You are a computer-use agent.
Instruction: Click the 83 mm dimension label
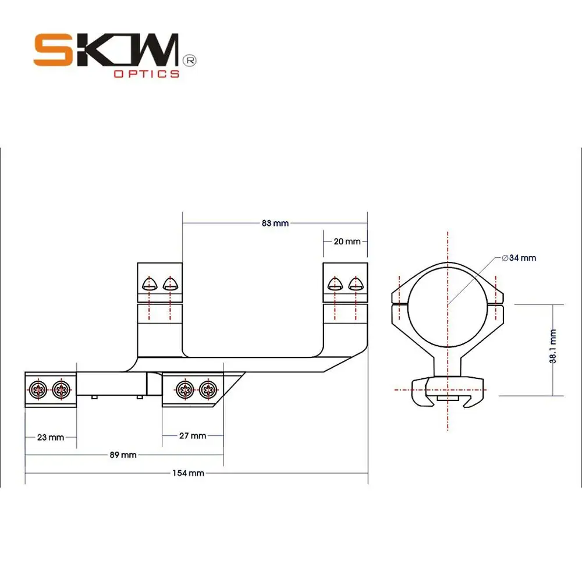[275, 223]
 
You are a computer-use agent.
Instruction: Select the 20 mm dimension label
[347, 242]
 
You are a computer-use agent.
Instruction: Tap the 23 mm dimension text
[50, 437]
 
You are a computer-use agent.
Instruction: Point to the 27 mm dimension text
[193, 435]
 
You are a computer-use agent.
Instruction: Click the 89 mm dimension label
[123, 455]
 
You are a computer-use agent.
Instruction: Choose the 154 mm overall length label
[189, 473]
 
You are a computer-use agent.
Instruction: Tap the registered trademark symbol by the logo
[189, 60]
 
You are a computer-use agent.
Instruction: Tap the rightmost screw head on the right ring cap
[355, 284]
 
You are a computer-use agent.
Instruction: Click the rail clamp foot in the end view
[448, 391]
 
